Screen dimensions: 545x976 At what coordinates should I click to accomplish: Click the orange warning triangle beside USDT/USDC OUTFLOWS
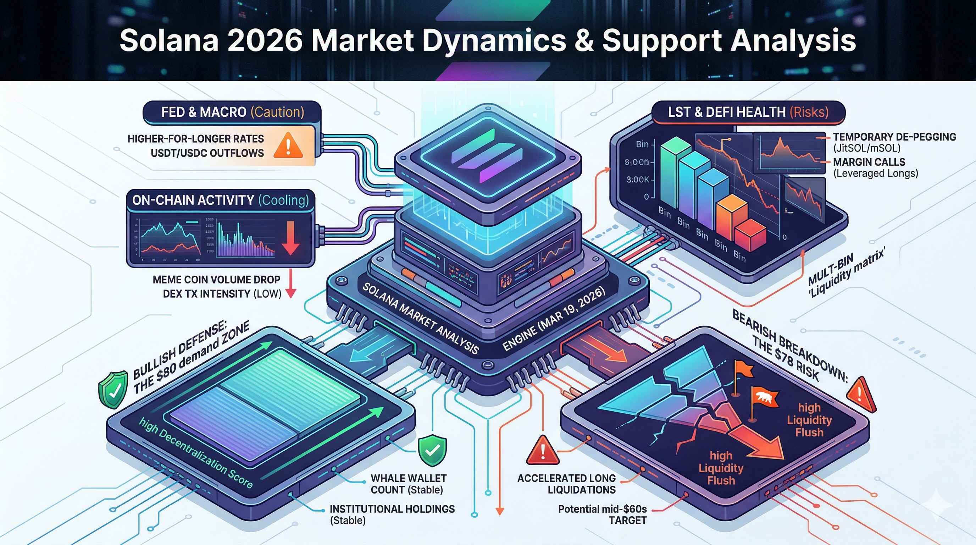[x=288, y=146]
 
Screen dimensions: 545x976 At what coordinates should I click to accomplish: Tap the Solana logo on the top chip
[x=488, y=156]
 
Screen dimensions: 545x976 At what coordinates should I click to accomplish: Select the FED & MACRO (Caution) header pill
[x=232, y=112]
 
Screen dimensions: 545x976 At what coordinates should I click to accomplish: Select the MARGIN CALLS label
[x=869, y=162]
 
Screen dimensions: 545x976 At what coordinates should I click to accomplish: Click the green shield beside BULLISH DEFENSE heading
[x=113, y=390]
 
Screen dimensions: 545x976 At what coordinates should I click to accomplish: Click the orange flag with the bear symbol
[x=764, y=398]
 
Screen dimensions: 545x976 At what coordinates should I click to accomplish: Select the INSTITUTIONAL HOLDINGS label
[x=392, y=509]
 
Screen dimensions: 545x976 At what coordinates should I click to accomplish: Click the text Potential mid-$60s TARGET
[x=603, y=514]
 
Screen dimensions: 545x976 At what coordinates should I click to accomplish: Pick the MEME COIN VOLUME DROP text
[x=216, y=280]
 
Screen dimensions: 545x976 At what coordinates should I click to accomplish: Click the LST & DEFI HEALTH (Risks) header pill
[x=748, y=112]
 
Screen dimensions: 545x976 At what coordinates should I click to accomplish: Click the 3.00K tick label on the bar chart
[x=637, y=180]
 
